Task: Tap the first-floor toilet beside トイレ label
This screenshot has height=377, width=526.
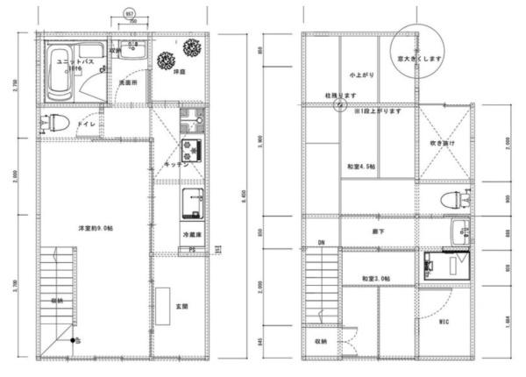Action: click(x=53, y=123)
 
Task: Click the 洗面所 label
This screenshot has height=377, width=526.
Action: click(x=127, y=82)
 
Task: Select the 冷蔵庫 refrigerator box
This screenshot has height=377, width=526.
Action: click(x=192, y=235)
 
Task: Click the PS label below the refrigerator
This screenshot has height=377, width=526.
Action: click(x=192, y=251)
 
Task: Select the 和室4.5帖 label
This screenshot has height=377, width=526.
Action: click(x=360, y=167)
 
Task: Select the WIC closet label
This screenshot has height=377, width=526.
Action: click(x=444, y=322)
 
